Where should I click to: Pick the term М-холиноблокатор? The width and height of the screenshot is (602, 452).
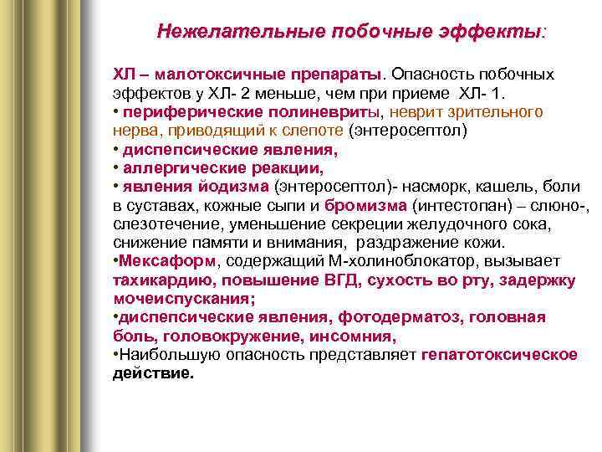pyautogui.click(x=407, y=260)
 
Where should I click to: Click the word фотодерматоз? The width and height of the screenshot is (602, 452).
pyautogui.click(x=402, y=317)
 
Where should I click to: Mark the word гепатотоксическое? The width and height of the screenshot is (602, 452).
pyautogui.click(x=499, y=354)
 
